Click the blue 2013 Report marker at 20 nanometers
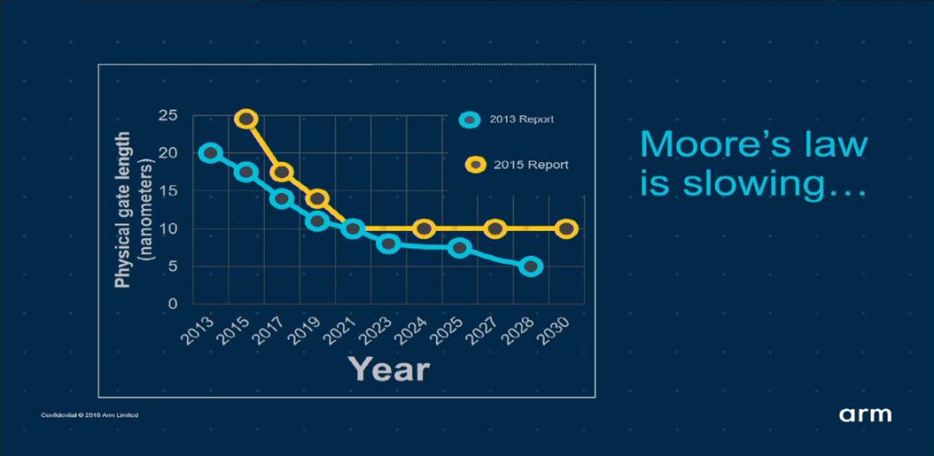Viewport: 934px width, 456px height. pyautogui.click(x=210, y=153)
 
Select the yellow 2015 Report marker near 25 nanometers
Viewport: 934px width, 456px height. pyautogui.click(x=246, y=119)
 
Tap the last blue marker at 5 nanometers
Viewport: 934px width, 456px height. pyautogui.click(x=531, y=267)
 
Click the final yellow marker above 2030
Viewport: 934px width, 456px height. pyautogui.click(x=566, y=229)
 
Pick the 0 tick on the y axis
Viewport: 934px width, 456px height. pyautogui.click(x=173, y=304)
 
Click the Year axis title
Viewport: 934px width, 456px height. pyautogui.click(x=388, y=369)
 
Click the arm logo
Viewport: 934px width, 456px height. pyautogui.click(x=865, y=414)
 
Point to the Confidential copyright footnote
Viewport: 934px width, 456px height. pyautogui.click(x=89, y=415)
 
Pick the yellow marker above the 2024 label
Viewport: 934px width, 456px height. pyautogui.click(x=424, y=229)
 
